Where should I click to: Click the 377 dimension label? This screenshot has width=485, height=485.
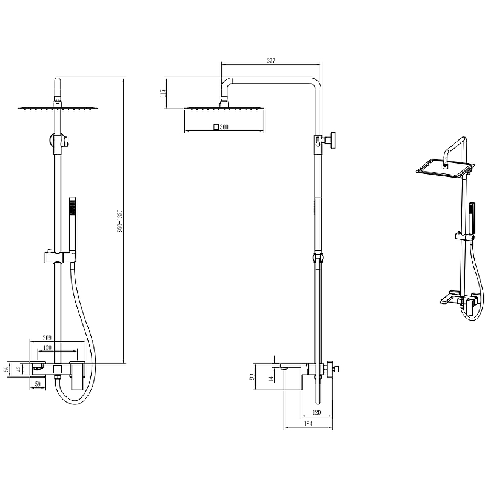click(x=271, y=61)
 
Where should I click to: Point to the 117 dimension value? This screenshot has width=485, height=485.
click(x=163, y=93)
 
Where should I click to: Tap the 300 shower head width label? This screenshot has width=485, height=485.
click(x=224, y=127)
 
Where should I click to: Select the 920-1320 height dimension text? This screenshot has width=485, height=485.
click(x=120, y=221)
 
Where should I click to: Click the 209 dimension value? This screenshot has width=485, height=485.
click(x=47, y=338)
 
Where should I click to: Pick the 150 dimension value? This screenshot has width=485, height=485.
click(x=47, y=347)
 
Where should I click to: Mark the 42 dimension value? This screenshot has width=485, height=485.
click(x=19, y=369)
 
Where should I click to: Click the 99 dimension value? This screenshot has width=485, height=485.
click(x=252, y=376)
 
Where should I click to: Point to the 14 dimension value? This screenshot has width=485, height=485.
click(x=271, y=378)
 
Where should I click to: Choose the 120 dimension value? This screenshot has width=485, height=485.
click(x=316, y=412)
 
